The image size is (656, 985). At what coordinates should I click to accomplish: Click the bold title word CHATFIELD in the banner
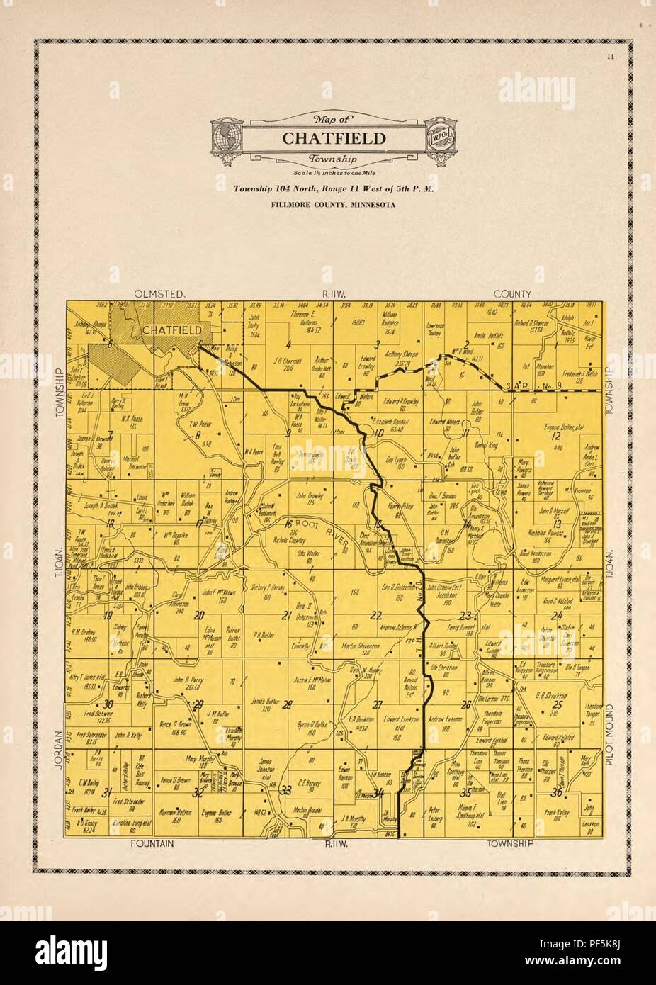coord(334,138)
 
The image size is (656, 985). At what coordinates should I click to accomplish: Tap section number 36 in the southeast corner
coord(558,792)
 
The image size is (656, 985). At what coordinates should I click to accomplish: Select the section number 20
coord(199,614)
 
